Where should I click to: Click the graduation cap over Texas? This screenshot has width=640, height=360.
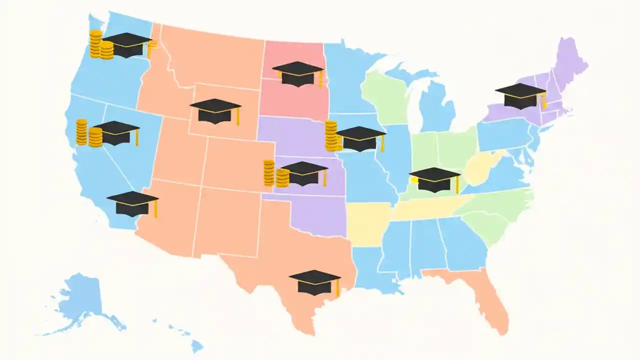click(314, 282)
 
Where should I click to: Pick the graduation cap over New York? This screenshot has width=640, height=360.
click(520, 96)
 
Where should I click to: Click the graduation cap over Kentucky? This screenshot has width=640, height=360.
click(434, 179)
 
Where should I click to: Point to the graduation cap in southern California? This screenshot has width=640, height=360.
click(132, 203)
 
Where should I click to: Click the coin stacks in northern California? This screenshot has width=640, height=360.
click(88, 133)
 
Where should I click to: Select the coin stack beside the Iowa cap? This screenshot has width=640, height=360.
click(331, 136)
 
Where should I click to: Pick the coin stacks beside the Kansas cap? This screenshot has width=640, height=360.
click(275, 174)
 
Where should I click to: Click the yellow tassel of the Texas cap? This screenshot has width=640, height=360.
click(338, 288)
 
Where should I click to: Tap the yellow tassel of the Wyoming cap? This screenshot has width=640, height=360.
click(238, 117)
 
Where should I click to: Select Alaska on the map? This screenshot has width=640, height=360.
click(80, 300)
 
